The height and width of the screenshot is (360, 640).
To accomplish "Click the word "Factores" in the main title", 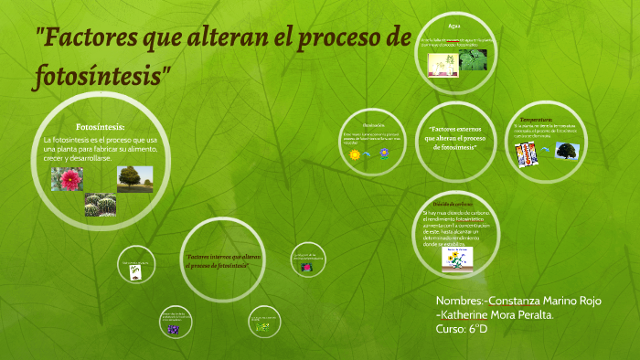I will [x=86, y=39].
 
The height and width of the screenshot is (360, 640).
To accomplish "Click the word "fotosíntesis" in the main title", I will [x=101, y=74].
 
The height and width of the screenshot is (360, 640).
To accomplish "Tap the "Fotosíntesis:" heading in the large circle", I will [x=100, y=126].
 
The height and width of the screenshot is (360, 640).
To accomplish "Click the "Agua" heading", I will [x=454, y=26].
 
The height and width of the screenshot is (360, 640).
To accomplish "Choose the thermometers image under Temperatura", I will [x=525, y=154].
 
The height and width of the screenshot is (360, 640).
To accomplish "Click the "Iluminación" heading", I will [x=373, y=124].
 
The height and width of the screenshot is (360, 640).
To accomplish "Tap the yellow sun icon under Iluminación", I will [x=355, y=155].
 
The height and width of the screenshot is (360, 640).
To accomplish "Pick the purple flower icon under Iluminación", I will [x=385, y=154].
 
